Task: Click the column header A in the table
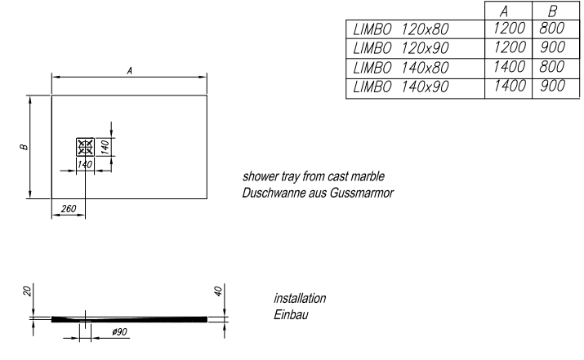(507, 12)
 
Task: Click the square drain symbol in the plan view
(85, 147)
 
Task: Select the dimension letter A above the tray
(130, 72)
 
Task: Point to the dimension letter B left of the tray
(25, 147)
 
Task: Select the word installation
(297, 299)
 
